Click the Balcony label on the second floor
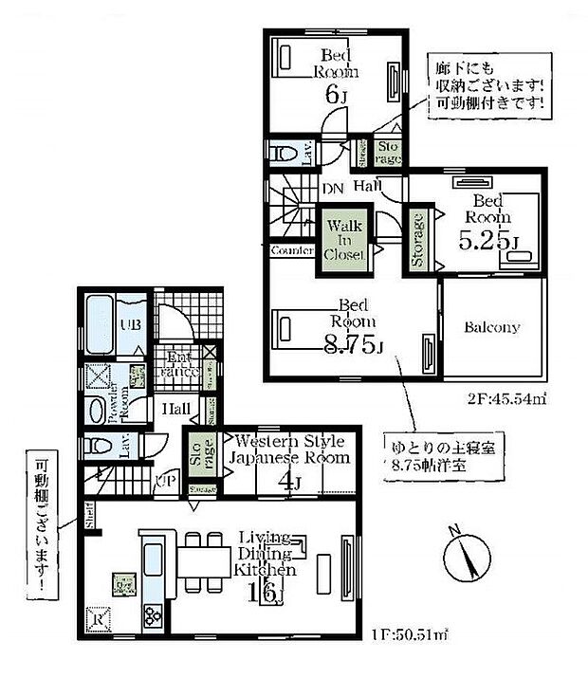tap(492, 327)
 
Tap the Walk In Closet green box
tap(342, 241)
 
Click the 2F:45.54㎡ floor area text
tap(507, 399)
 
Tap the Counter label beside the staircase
tap(291, 250)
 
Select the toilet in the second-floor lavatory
tap(284, 153)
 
